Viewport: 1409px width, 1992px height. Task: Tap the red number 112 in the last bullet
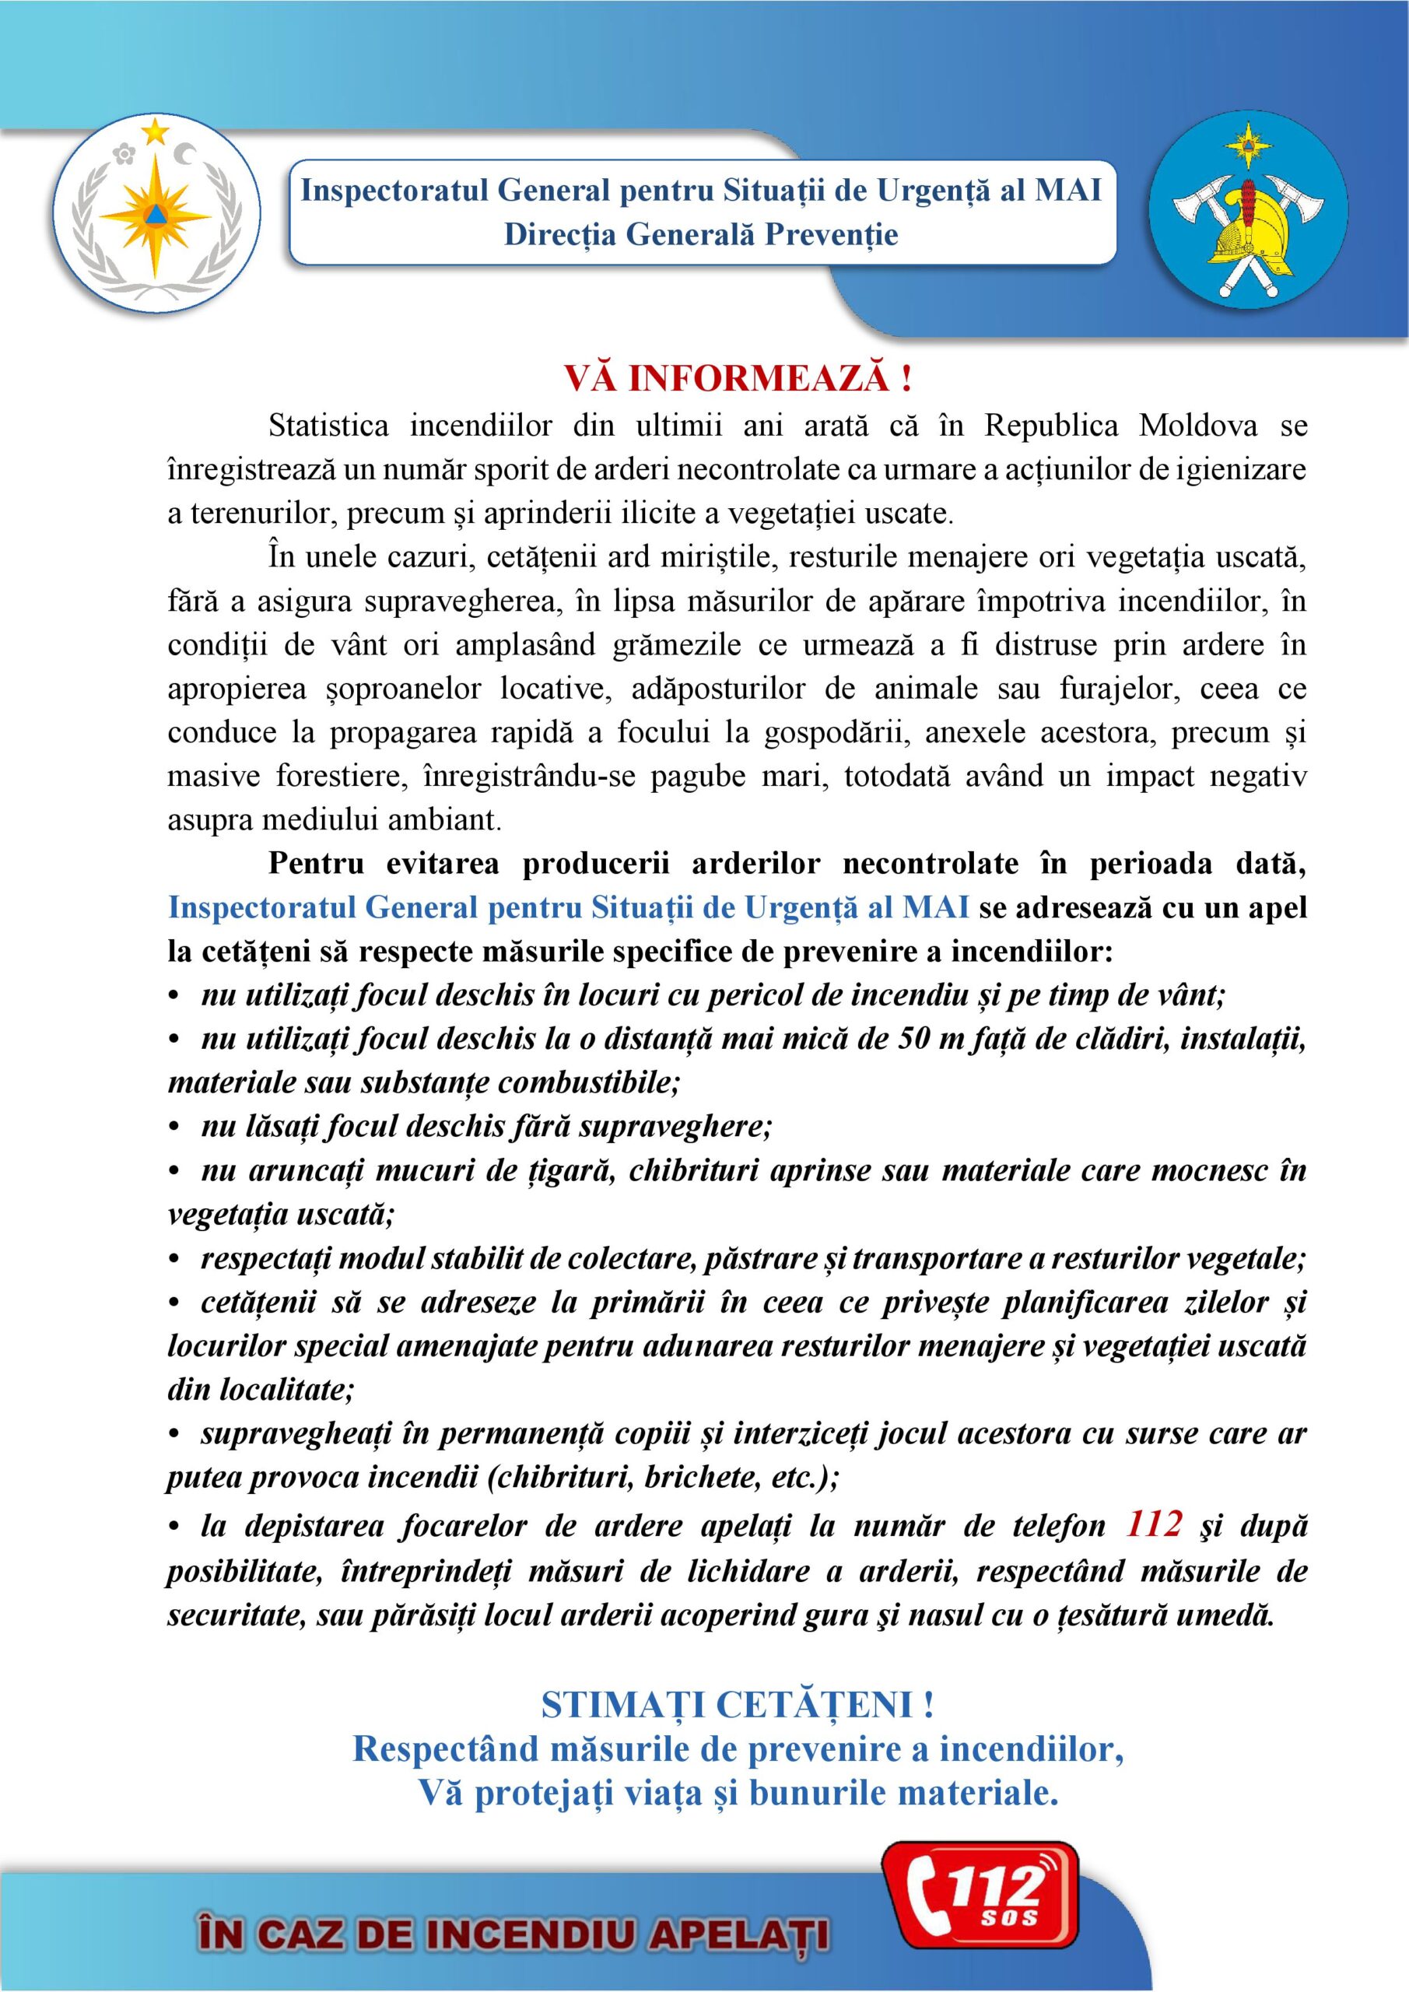pos(1153,1524)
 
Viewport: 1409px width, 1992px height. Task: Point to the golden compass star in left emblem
pos(157,212)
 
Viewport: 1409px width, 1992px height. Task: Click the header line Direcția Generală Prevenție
pos(701,234)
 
